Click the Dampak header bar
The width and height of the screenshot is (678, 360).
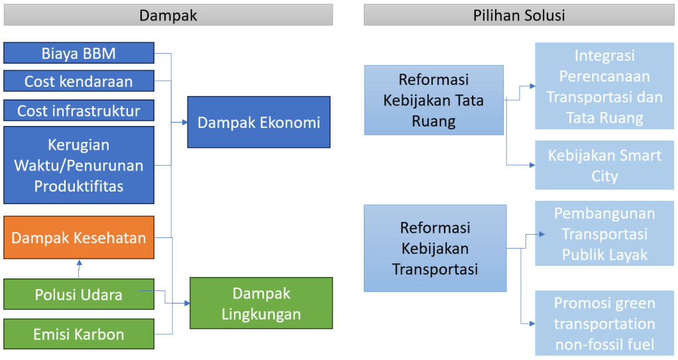(x=168, y=15)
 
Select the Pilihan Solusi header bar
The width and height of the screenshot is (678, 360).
(x=519, y=15)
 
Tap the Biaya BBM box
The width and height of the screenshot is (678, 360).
(x=79, y=53)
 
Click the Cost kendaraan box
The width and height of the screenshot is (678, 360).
(x=79, y=81)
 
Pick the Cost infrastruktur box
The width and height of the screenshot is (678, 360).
(x=79, y=110)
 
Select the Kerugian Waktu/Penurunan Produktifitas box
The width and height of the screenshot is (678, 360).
(x=79, y=165)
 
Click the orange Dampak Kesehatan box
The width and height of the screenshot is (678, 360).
(x=79, y=237)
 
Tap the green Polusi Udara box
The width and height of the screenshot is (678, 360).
(x=79, y=294)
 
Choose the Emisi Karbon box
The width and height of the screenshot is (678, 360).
(x=79, y=334)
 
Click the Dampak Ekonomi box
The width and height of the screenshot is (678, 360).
(x=258, y=122)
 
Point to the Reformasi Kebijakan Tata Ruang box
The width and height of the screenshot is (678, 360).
(x=433, y=100)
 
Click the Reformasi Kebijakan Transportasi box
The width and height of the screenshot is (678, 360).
(x=435, y=248)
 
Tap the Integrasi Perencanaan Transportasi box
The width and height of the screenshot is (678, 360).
(x=604, y=87)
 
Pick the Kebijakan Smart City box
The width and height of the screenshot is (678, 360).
(x=604, y=165)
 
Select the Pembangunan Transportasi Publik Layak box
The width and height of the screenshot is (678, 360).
(x=604, y=234)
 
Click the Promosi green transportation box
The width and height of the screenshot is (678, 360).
(x=604, y=324)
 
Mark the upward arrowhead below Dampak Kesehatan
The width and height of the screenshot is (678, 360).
(x=79, y=263)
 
